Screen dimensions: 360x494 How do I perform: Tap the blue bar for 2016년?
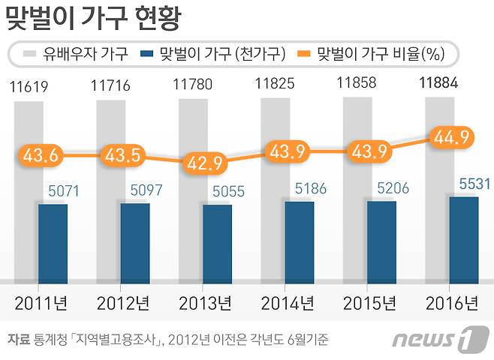click(x=463, y=237)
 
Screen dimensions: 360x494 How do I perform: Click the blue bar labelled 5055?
click(x=217, y=241)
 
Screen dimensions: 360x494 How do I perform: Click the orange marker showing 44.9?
click(x=449, y=136)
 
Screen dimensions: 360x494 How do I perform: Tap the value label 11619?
click(x=30, y=87)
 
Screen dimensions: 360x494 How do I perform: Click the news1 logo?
click(x=435, y=339)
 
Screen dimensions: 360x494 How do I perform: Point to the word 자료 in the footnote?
click(x=17, y=339)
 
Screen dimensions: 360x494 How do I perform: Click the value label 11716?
click(x=113, y=87)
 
